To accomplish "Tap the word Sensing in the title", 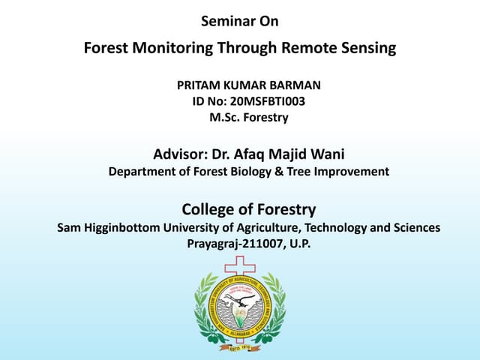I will pyautogui.click(x=367, y=49).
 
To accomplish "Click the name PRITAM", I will pyautogui.click(x=198, y=85).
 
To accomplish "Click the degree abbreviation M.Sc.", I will pyautogui.click(x=225, y=117).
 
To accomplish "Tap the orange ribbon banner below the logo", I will pyautogui.click(x=240, y=346).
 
